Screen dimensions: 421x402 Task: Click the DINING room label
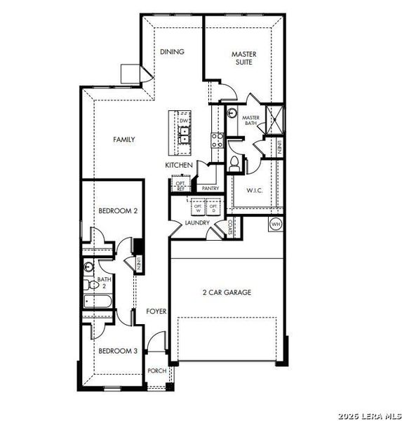(x=172, y=52)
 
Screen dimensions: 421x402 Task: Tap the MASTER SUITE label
(x=244, y=58)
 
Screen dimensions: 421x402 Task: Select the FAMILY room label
(x=124, y=140)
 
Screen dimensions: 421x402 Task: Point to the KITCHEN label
(x=179, y=165)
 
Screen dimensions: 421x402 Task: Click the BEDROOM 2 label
(x=117, y=210)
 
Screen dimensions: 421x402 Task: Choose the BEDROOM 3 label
(x=117, y=351)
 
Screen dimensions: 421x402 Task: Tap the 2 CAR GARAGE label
(x=227, y=293)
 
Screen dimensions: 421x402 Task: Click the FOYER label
(x=156, y=311)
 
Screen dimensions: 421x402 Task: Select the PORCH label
(x=156, y=371)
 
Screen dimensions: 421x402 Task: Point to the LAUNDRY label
(x=197, y=223)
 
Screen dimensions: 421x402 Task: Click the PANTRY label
(x=210, y=188)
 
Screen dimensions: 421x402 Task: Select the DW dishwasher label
(x=185, y=121)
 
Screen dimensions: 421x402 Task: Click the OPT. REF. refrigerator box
(x=180, y=185)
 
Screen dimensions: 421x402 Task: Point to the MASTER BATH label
(x=252, y=121)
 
